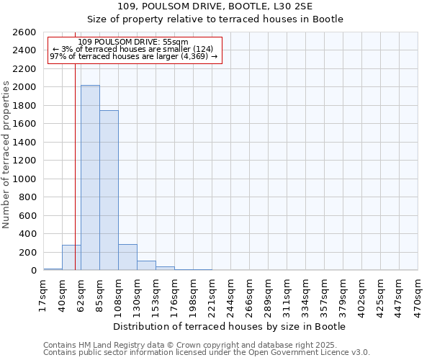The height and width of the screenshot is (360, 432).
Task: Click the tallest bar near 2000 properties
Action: tap(90, 178)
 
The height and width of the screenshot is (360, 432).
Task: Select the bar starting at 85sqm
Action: tap(109, 190)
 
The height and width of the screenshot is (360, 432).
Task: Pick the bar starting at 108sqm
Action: tap(127, 258)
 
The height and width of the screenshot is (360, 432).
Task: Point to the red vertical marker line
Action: tap(75, 166)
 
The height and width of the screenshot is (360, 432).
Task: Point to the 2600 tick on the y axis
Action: tap(24, 32)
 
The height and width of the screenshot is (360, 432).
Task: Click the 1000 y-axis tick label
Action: tap(24, 179)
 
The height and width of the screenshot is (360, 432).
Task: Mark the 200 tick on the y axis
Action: tap(27, 252)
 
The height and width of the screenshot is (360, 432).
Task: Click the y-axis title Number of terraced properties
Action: tap(6, 155)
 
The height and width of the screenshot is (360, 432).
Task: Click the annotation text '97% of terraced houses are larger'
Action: tap(133, 56)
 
